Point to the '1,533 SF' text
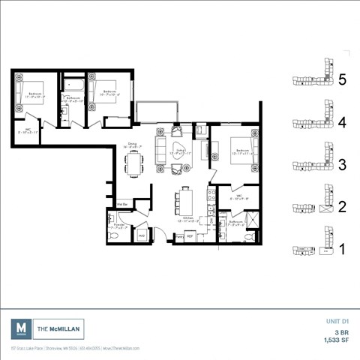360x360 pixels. [x=334, y=340]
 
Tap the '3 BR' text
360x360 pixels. [x=341, y=331]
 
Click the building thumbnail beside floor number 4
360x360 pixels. [x=310, y=119]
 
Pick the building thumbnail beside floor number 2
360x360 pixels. [x=310, y=203]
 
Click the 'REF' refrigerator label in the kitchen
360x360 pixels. [x=190, y=236]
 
